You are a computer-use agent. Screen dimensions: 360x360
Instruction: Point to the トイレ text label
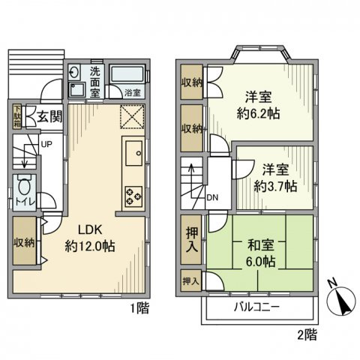click(23, 202)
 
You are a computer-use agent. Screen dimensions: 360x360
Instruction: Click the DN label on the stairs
click(212, 198)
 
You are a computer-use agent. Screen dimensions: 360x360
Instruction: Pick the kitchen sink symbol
click(133, 154)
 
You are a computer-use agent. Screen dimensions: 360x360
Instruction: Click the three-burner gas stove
click(133, 193)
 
